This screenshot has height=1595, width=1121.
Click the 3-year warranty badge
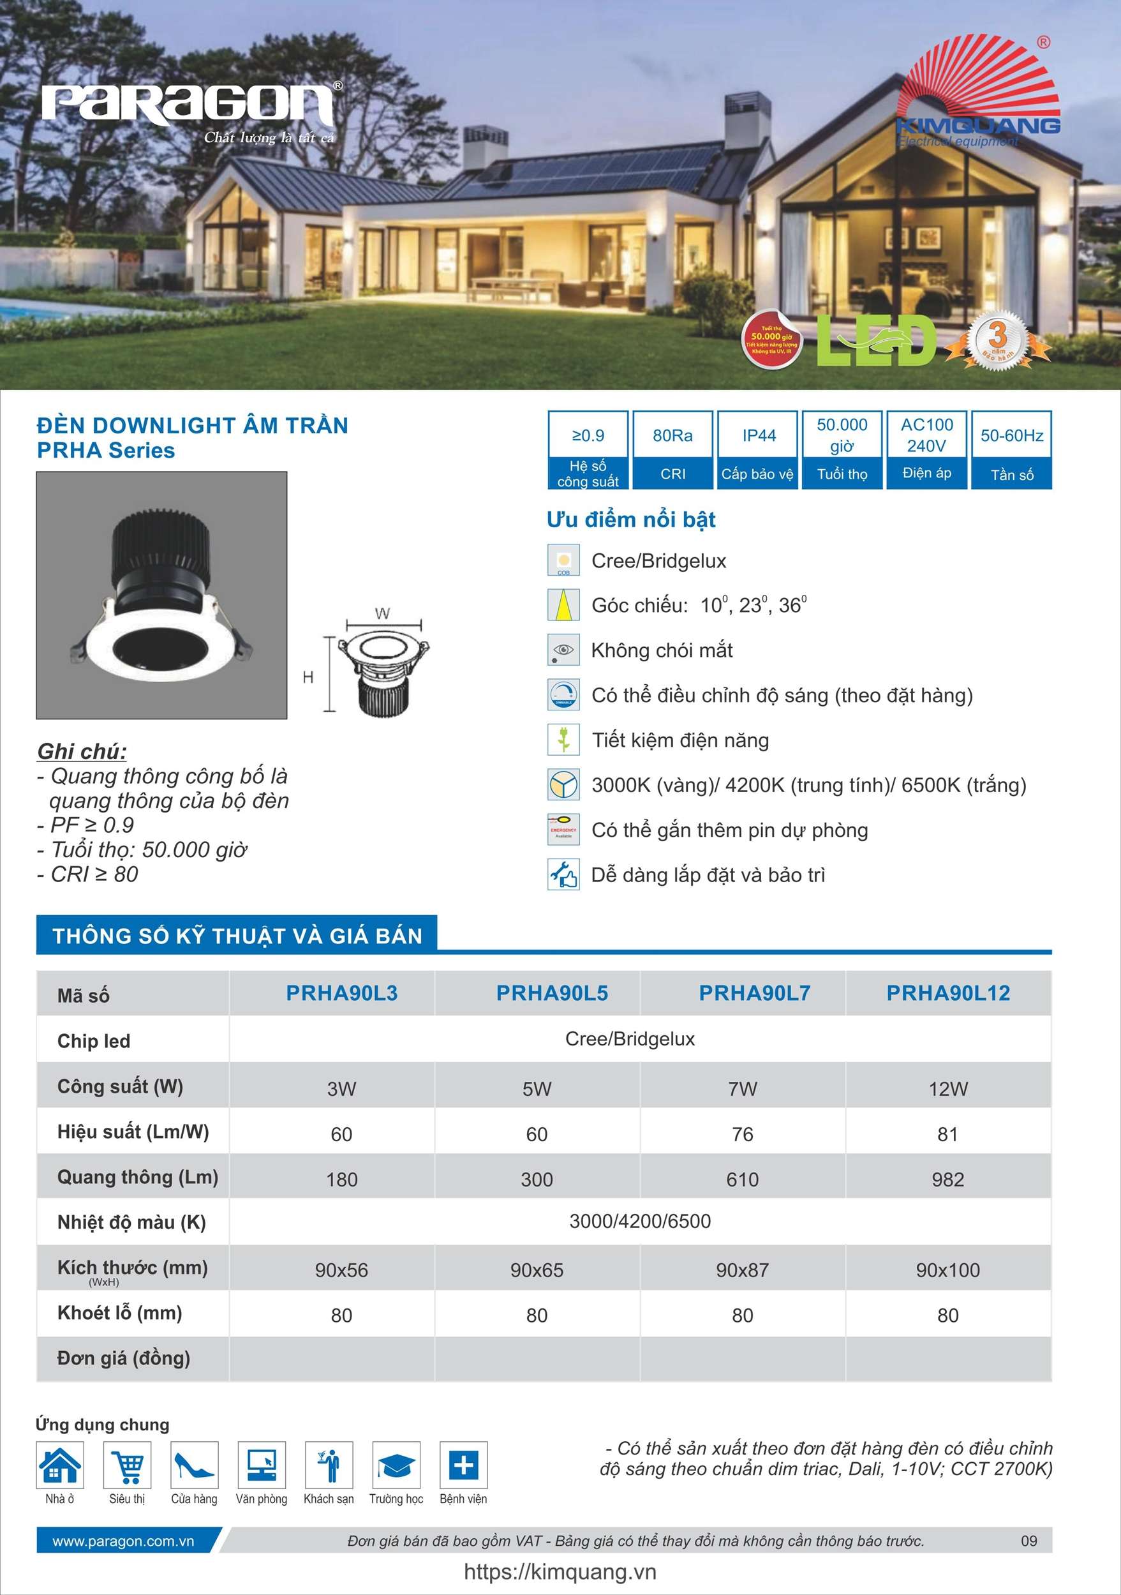click(997, 340)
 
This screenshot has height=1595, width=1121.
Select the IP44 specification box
click(758, 449)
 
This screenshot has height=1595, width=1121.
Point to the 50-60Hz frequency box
click(1011, 449)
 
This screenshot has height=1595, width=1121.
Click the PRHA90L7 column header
click(754, 992)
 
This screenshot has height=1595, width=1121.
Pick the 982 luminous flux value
click(947, 1179)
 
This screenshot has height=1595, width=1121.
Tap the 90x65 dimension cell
click(537, 1270)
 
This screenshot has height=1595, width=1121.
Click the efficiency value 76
click(743, 1134)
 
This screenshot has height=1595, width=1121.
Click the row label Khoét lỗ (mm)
click(119, 1313)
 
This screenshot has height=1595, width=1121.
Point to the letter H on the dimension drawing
click(308, 677)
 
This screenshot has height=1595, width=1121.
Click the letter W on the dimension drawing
click(382, 613)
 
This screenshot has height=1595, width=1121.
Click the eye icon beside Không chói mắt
click(563, 650)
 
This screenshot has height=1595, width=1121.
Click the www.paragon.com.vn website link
click(123, 1541)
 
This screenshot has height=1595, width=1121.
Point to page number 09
click(1028, 1541)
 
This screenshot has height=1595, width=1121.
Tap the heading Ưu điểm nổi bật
click(630, 519)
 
